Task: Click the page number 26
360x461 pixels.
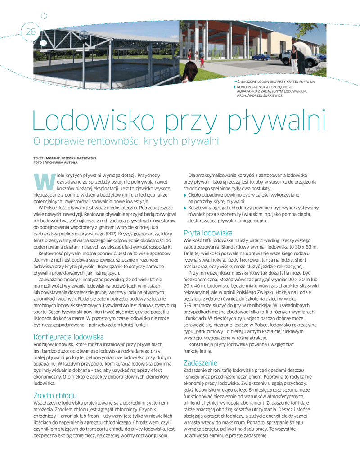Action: pos(31,32)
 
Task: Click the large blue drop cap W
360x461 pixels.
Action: pos(42,181)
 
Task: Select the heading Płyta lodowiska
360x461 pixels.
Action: pos(207,233)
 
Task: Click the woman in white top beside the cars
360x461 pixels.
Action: pos(294,56)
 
